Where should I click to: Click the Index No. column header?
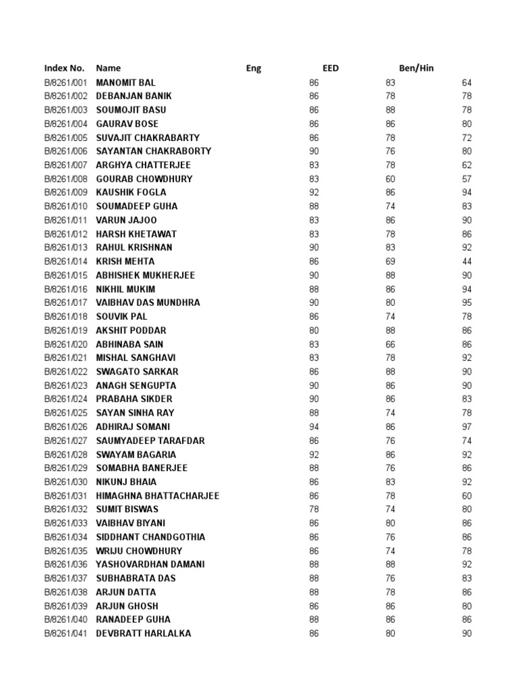pos(64,68)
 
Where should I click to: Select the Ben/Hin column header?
pos(416,68)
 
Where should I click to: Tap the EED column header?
pos(330,68)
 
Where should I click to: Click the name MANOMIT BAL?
pos(125,82)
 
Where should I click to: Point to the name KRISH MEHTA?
pos(125,261)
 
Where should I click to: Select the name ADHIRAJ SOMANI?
pos(133,426)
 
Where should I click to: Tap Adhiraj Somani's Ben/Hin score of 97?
pos(467,426)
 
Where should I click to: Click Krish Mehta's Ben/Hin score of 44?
pos(467,261)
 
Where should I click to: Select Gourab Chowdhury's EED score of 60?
pos(391,179)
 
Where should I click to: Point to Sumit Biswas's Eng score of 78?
pos(314,509)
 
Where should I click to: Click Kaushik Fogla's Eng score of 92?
pos(314,192)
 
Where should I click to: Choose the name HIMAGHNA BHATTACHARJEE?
pos(158,495)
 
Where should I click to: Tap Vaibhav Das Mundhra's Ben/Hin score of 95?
pos(467,302)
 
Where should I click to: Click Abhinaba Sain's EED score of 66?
pos(391,344)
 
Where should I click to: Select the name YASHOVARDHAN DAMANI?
pos(150,564)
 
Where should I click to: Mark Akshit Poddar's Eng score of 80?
pos(314,330)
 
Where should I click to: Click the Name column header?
pos(108,68)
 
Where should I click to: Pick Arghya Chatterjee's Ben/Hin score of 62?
pos(467,165)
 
